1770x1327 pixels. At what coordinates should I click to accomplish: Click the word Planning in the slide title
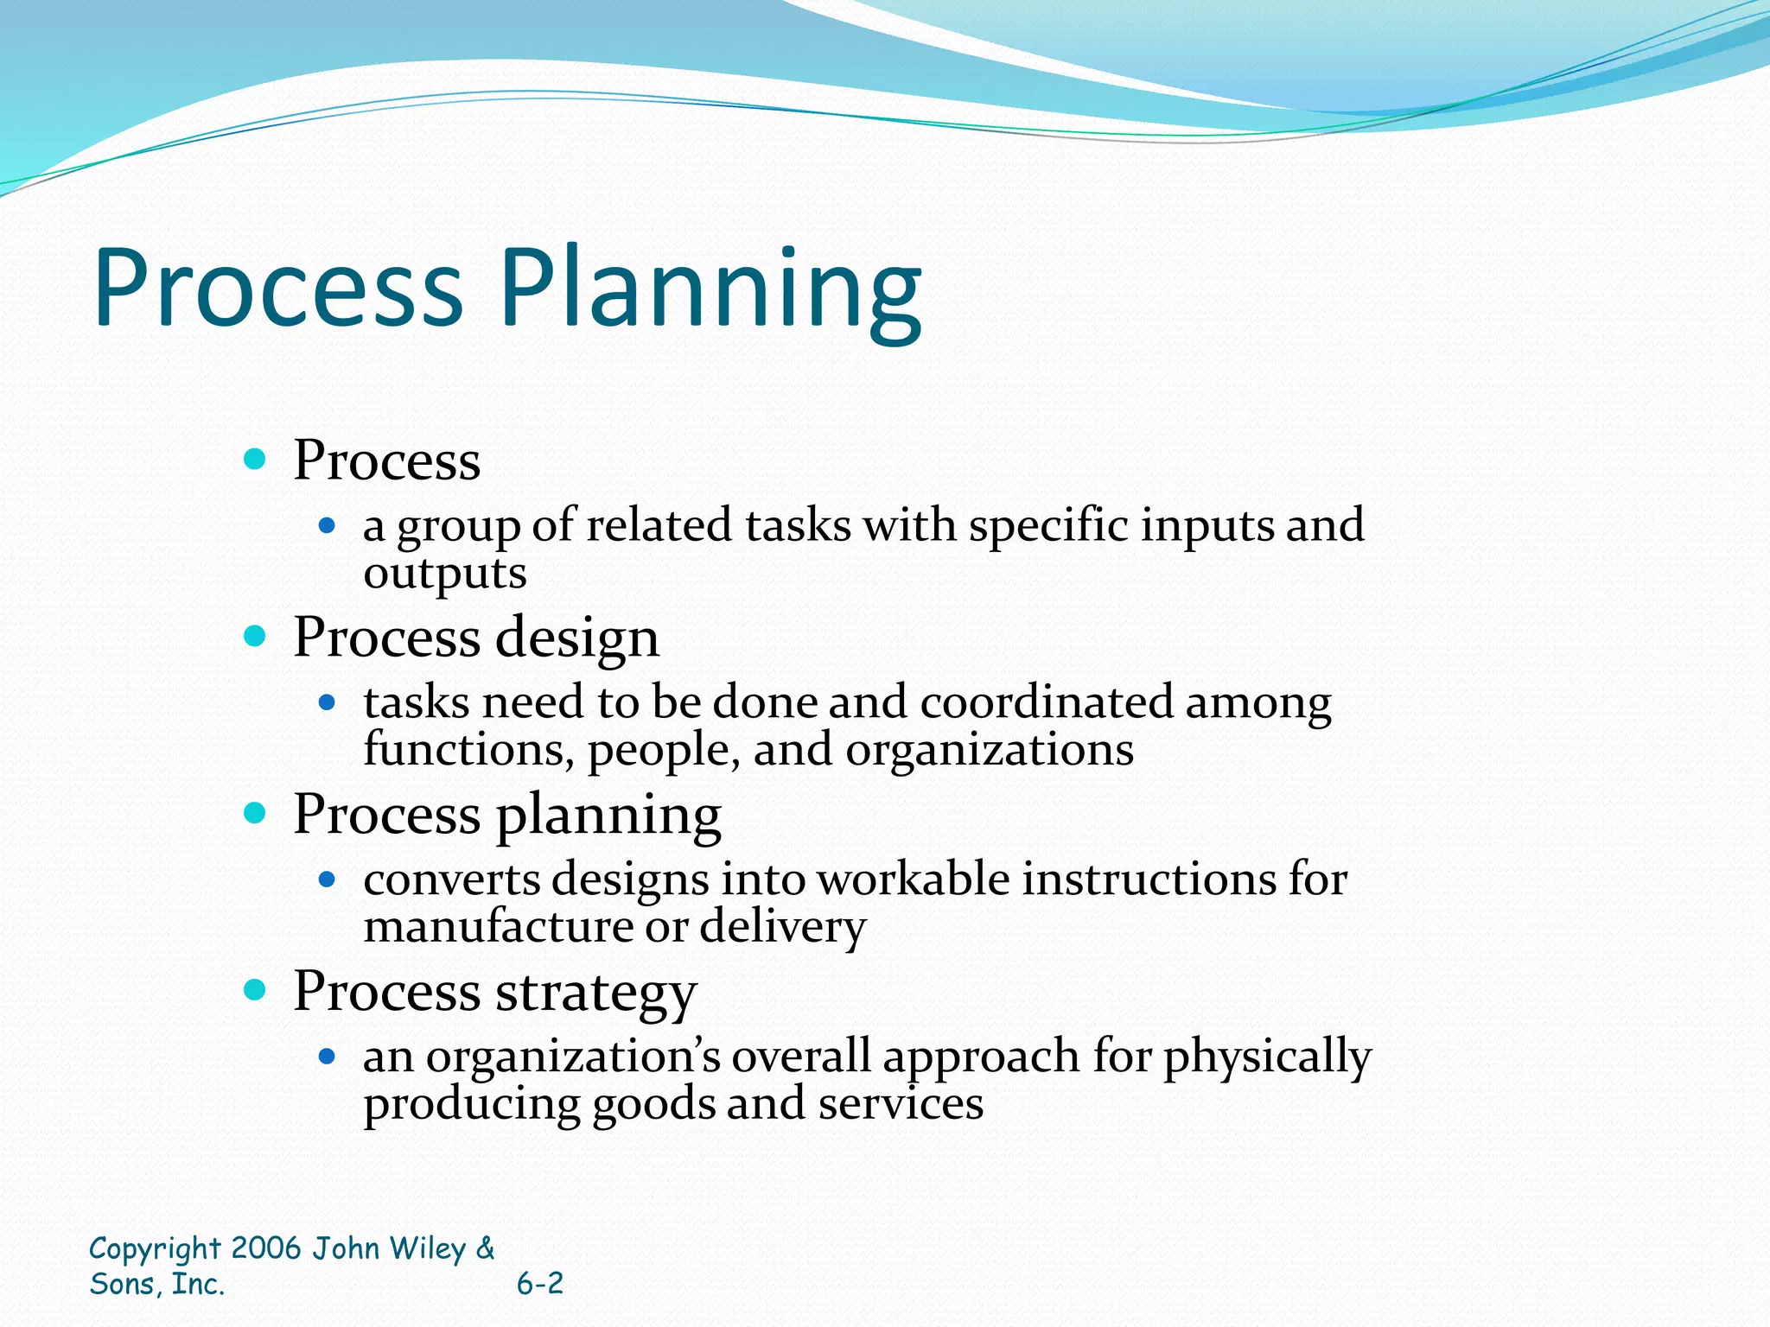tap(710, 288)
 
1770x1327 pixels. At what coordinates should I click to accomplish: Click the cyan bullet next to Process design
tap(255, 637)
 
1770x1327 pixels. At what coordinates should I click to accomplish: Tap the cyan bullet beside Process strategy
tap(255, 990)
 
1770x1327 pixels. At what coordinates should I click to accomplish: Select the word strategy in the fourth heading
tap(596, 992)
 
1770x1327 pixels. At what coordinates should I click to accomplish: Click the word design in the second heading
tap(577, 638)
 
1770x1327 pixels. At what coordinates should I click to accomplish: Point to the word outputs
tap(444, 573)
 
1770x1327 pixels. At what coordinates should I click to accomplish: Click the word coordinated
tap(1046, 702)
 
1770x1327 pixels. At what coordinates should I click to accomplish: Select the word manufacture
tap(498, 926)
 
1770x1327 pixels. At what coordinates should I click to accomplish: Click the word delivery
tap(782, 926)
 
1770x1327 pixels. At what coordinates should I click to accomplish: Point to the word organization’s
tap(573, 1056)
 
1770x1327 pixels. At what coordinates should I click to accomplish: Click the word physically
tap(1267, 1057)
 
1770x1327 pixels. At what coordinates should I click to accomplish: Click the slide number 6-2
tap(540, 1284)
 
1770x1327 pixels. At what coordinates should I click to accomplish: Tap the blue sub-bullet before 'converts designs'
tap(327, 879)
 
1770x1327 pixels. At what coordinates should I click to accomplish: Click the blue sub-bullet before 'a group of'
tap(327, 524)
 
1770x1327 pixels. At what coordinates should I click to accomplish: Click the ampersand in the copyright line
tap(486, 1248)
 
